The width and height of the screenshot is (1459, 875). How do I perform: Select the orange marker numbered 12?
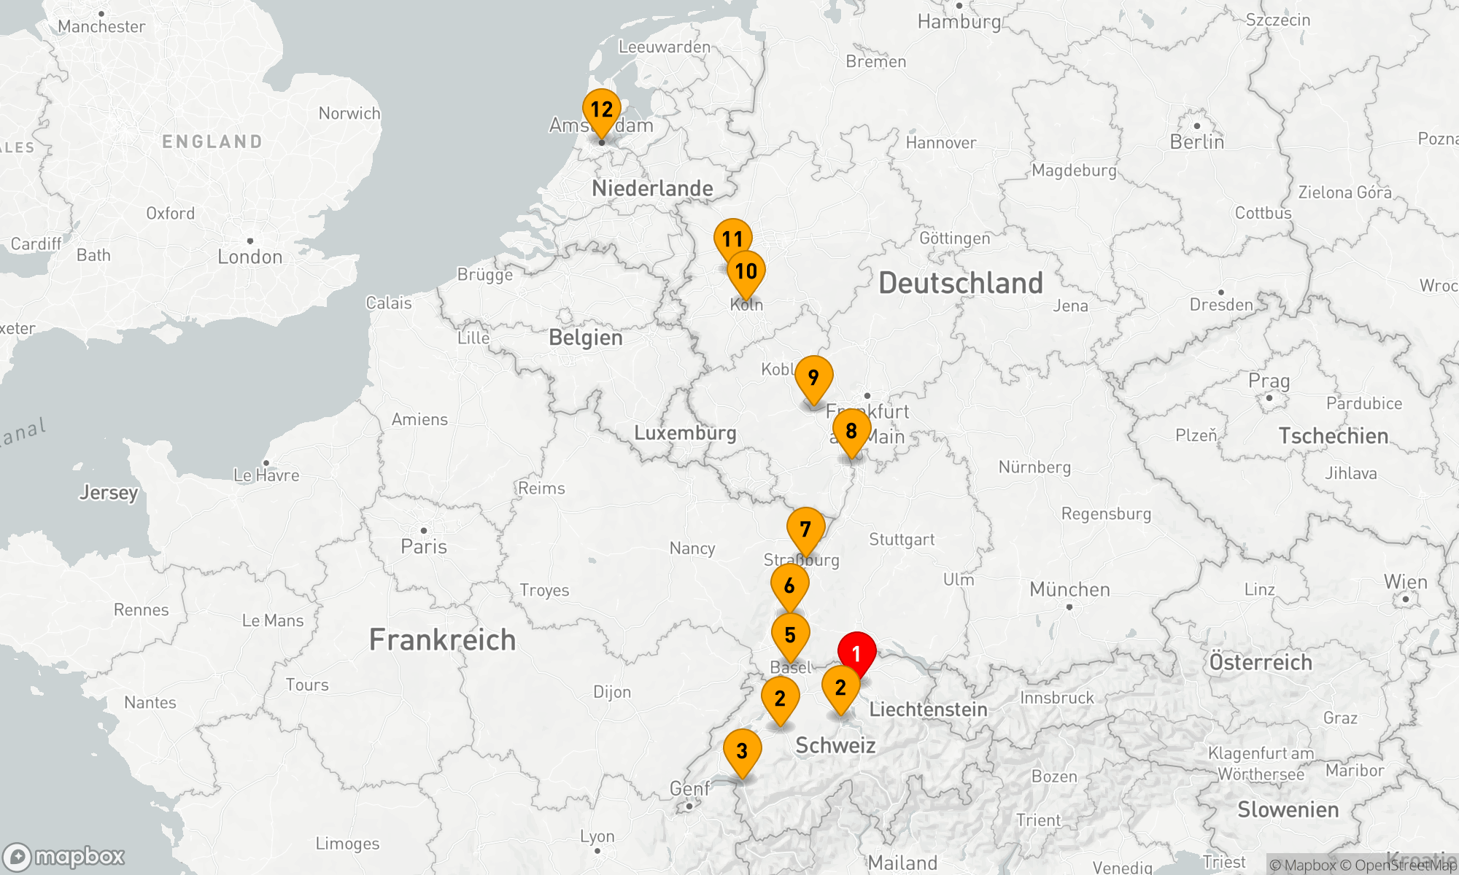tap(601, 110)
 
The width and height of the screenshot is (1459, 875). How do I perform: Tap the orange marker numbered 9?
tap(813, 378)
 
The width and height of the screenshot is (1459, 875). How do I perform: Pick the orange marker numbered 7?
tap(805, 529)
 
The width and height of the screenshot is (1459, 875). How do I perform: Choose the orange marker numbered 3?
tap(742, 750)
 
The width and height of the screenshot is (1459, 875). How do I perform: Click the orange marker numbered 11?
tap(732, 239)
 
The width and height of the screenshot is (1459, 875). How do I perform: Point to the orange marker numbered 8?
tap(851, 431)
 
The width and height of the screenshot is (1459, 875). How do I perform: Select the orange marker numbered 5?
tap(790, 635)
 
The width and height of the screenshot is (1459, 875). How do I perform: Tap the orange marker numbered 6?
tap(789, 586)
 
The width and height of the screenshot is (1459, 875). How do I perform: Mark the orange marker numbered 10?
tap(746, 271)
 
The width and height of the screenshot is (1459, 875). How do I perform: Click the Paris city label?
tap(424, 546)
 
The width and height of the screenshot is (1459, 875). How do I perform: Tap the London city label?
tap(249, 257)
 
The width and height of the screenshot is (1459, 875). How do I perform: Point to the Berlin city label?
tap(1196, 141)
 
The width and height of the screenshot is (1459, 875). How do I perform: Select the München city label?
tap(1069, 589)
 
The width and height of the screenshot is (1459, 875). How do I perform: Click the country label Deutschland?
tap(961, 283)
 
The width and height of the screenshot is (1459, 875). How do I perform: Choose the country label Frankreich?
tap(442, 639)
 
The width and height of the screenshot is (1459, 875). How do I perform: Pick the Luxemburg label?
tap(685, 432)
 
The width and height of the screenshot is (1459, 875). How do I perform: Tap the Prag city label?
tap(1269, 381)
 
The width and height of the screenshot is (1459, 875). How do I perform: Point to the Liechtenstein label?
tap(928, 709)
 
